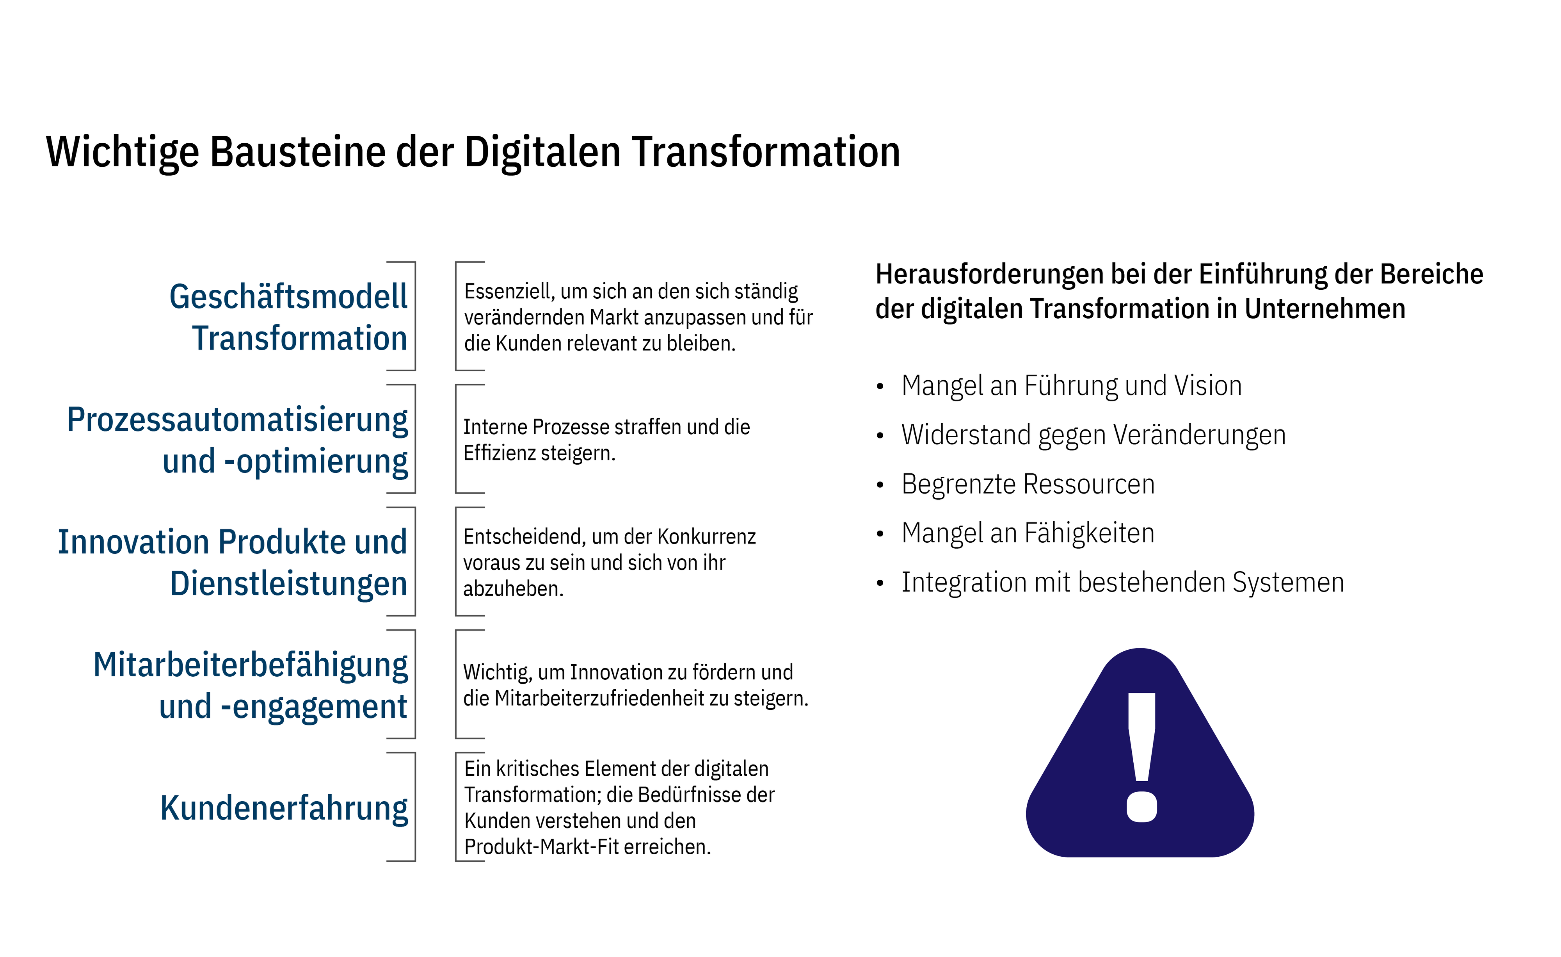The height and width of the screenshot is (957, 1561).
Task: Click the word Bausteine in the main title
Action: coord(297,152)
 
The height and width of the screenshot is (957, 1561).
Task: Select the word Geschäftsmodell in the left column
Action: coord(288,297)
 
